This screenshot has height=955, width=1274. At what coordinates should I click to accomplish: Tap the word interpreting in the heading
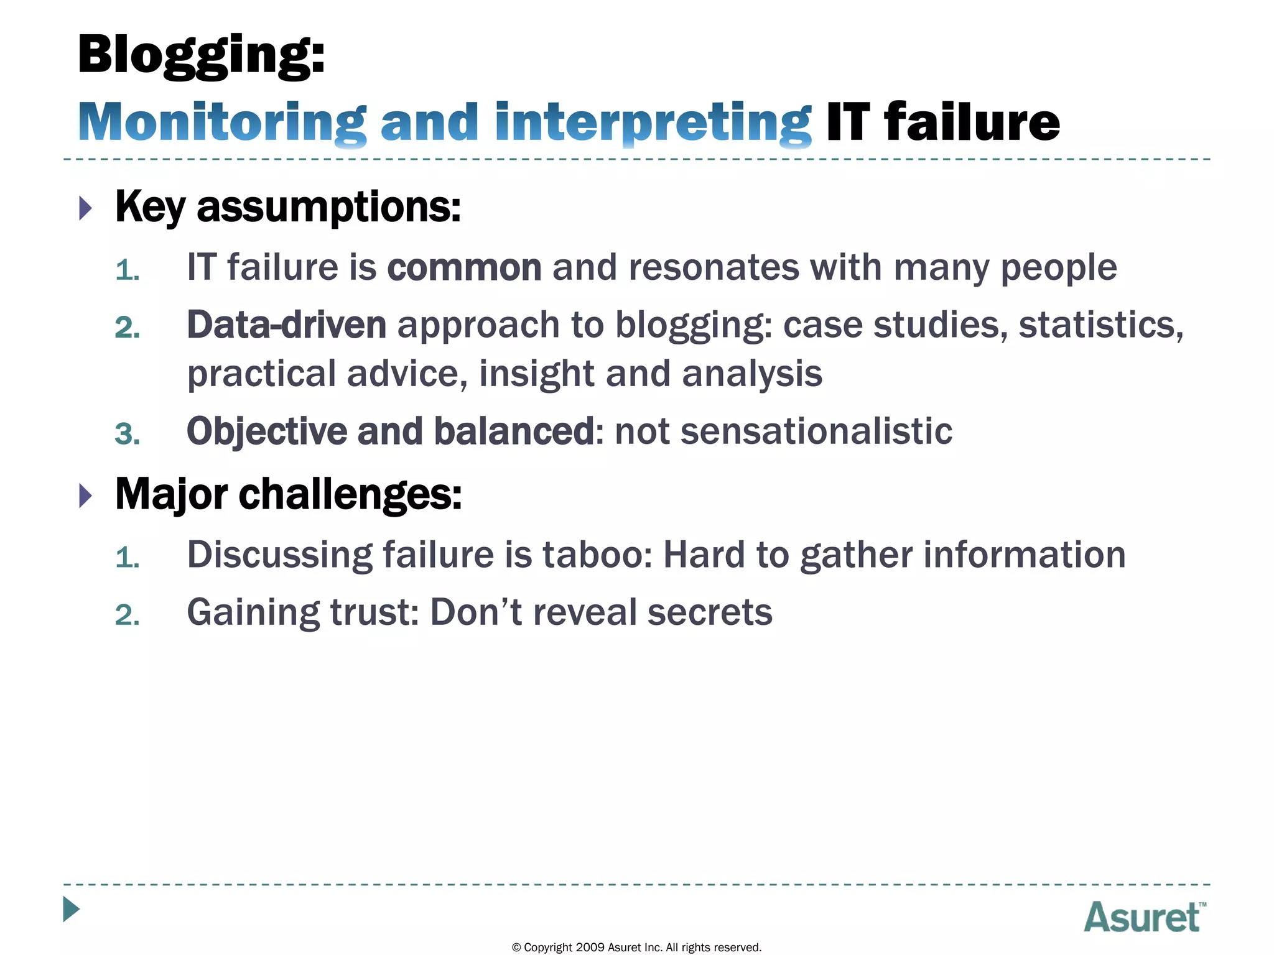coord(653,122)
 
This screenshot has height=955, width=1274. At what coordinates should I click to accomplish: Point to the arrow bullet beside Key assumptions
coord(86,208)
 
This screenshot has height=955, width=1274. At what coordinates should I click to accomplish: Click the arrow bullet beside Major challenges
coord(86,496)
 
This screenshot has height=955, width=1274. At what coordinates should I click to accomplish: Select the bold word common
coord(464,268)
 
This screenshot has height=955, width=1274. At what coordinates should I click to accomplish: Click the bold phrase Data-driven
coord(286,325)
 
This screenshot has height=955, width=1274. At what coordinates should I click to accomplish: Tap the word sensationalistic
coord(816,431)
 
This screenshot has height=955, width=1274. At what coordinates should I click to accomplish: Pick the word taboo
coord(597,555)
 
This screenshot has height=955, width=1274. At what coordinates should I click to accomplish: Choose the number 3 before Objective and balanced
coord(127,434)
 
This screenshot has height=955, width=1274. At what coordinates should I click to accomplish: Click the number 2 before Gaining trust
coord(127,616)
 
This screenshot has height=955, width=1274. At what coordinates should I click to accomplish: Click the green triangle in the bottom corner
coord(72,910)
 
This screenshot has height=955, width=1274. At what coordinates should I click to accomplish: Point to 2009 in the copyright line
coord(590,948)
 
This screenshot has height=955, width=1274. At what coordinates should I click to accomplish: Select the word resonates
coord(713,268)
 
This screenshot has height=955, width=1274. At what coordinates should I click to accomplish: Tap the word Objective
coord(266,431)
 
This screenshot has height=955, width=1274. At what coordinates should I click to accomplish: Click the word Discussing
coord(279,555)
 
